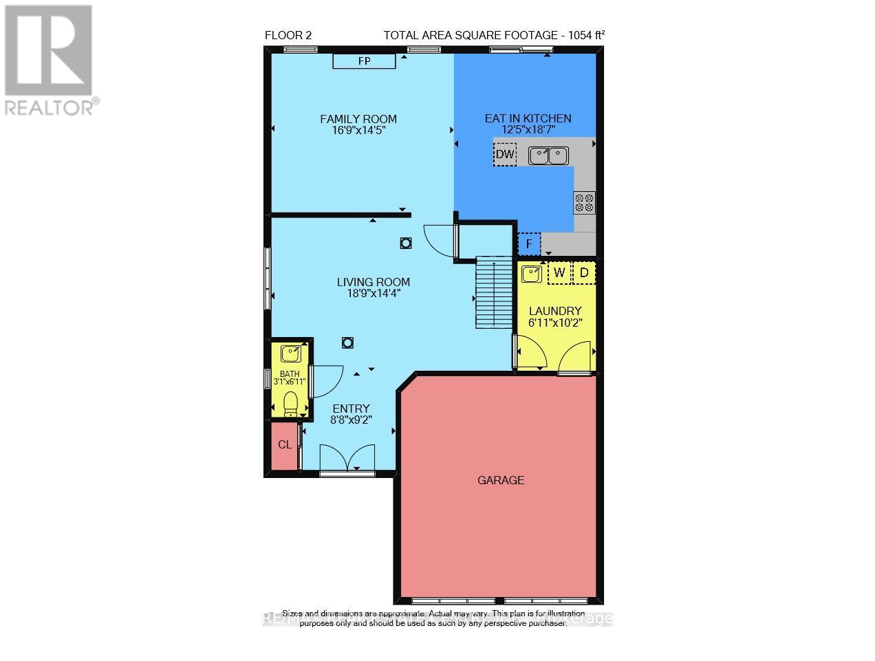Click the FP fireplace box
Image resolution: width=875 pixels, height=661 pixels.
coord(364,61)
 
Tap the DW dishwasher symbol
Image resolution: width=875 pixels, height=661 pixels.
coord(505,155)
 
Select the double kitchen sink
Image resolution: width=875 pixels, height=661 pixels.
coord(548,155)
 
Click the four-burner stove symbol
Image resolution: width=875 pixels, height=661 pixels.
coord(584,202)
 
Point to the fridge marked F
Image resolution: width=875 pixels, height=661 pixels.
coord(529,244)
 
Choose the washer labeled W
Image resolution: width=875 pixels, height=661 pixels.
coord(559,273)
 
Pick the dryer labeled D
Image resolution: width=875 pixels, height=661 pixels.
coord(584,273)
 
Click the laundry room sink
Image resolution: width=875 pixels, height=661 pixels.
coord(531,274)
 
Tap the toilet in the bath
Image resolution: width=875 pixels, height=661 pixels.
coord(291,402)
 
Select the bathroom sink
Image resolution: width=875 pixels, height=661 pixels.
coord(291,354)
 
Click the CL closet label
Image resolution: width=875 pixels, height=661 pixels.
coord(285,445)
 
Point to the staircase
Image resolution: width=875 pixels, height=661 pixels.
coord(494,293)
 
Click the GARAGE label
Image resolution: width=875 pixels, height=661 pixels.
coord(501,480)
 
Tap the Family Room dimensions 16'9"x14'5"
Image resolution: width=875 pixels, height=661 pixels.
coord(358,130)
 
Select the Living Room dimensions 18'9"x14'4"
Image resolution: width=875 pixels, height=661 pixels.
coord(374,293)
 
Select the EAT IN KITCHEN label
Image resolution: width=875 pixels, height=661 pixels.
coord(528,118)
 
